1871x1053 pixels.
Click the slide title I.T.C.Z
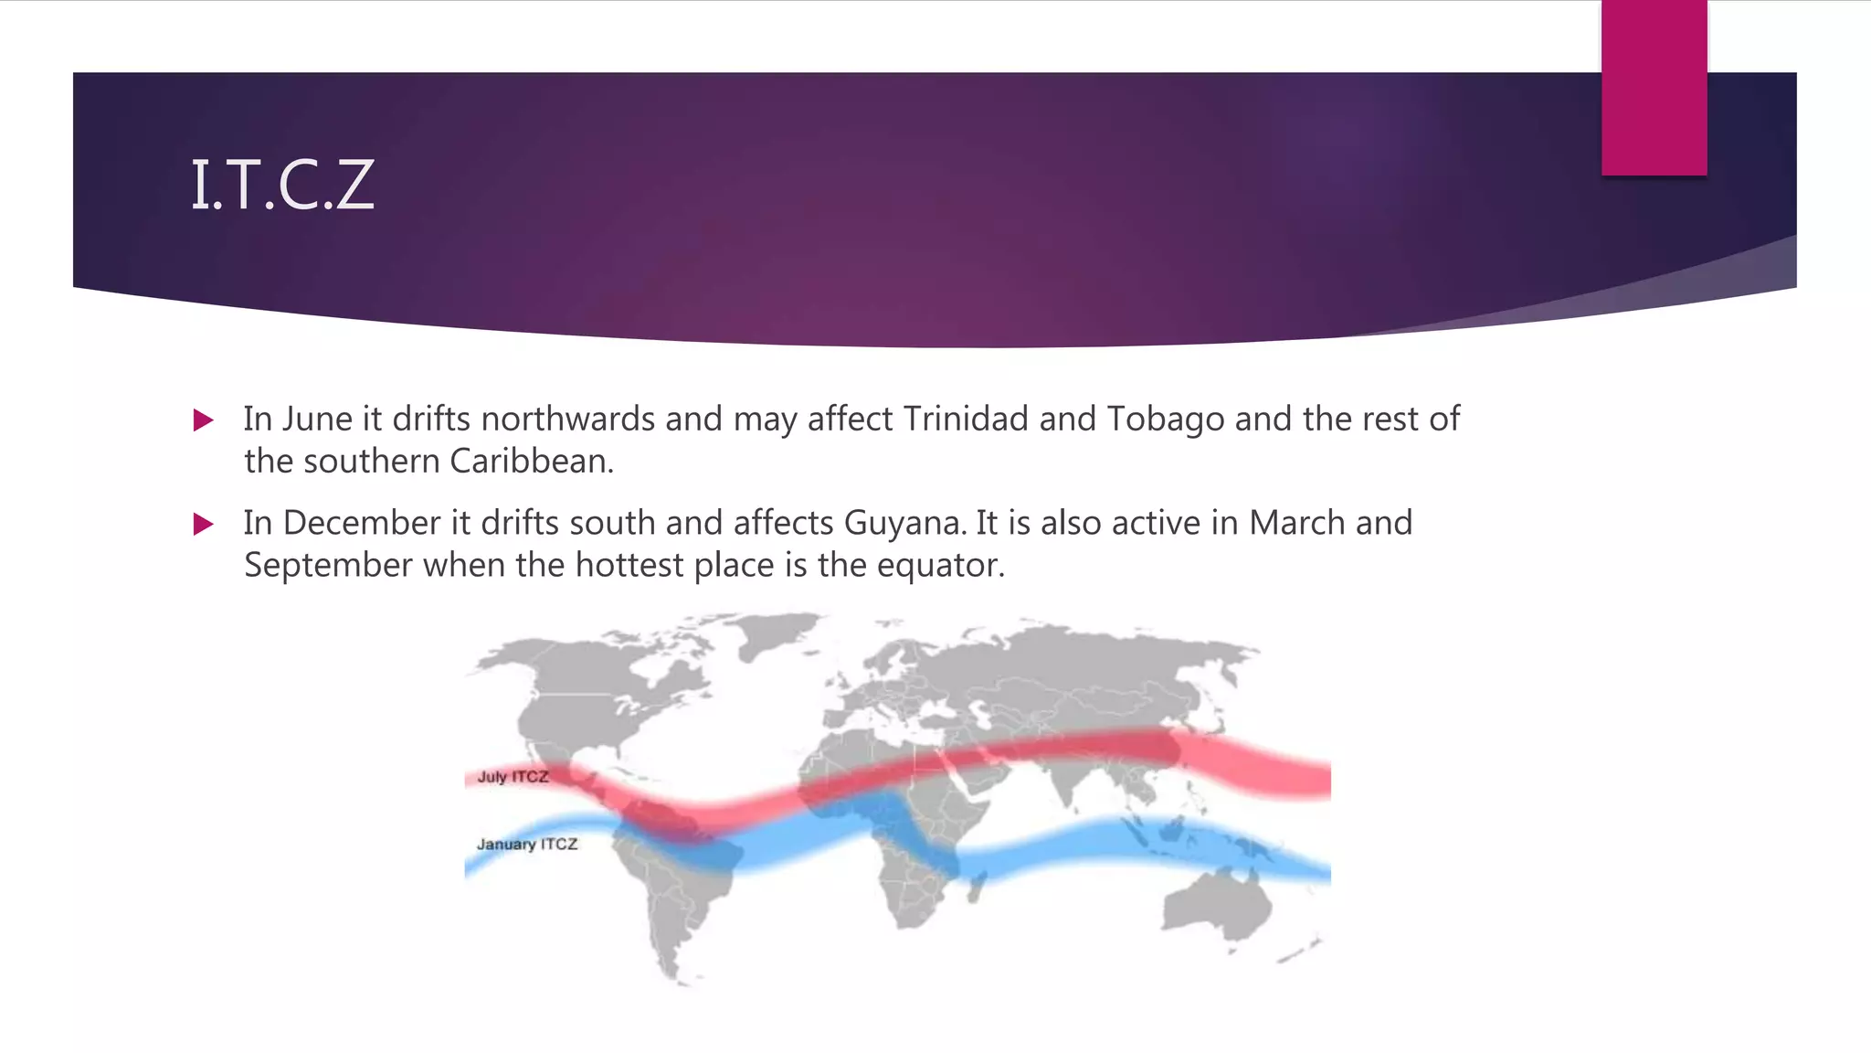tap(282, 186)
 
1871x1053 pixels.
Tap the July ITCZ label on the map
tap(513, 777)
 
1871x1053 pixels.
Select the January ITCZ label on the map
tap(527, 845)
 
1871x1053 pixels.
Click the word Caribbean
tap(531, 462)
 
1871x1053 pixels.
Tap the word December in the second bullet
tap(362, 524)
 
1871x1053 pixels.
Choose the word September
tap(328, 566)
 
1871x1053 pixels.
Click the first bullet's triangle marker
tap(204, 420)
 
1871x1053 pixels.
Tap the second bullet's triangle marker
tap(204, 525)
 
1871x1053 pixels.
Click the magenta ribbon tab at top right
tap(1654, 87)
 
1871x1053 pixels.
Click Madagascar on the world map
tap(977, 885)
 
